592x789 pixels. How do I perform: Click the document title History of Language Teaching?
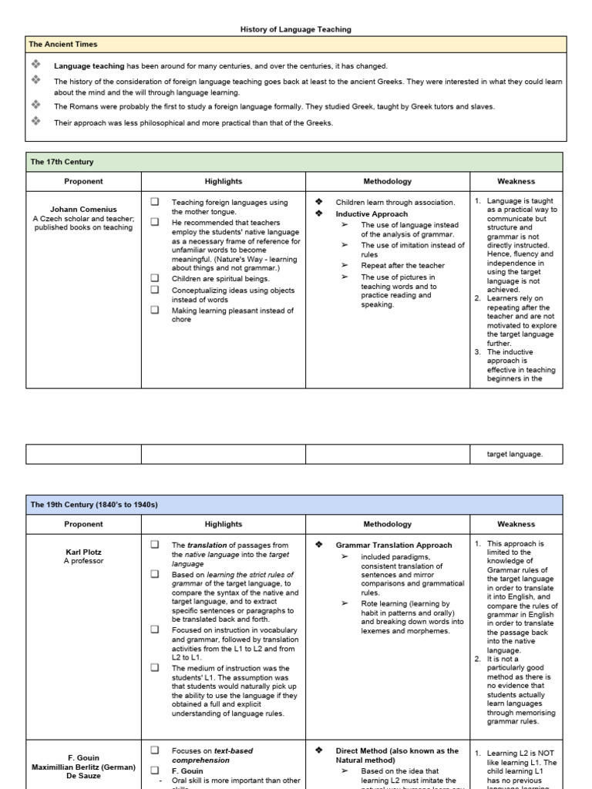click(295, 29)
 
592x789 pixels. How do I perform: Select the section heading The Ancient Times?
click(63, 45)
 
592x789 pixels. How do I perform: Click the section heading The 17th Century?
click(62, 162)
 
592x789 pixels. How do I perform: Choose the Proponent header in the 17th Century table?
click(83, 181)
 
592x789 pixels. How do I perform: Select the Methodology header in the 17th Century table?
click(387, 181)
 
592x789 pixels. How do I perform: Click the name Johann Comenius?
click(83, 209)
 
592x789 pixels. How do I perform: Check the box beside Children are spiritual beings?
click(154, 278)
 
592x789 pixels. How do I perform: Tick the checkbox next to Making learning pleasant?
click(154, 311)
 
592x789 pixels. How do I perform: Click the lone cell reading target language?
click(515, 454)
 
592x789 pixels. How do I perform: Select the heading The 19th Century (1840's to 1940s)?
click(93, 505)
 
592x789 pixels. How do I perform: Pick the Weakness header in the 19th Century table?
click(516, 524)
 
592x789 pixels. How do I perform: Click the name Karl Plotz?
click(83, 552)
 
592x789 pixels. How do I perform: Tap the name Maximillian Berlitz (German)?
click(83, 767)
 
